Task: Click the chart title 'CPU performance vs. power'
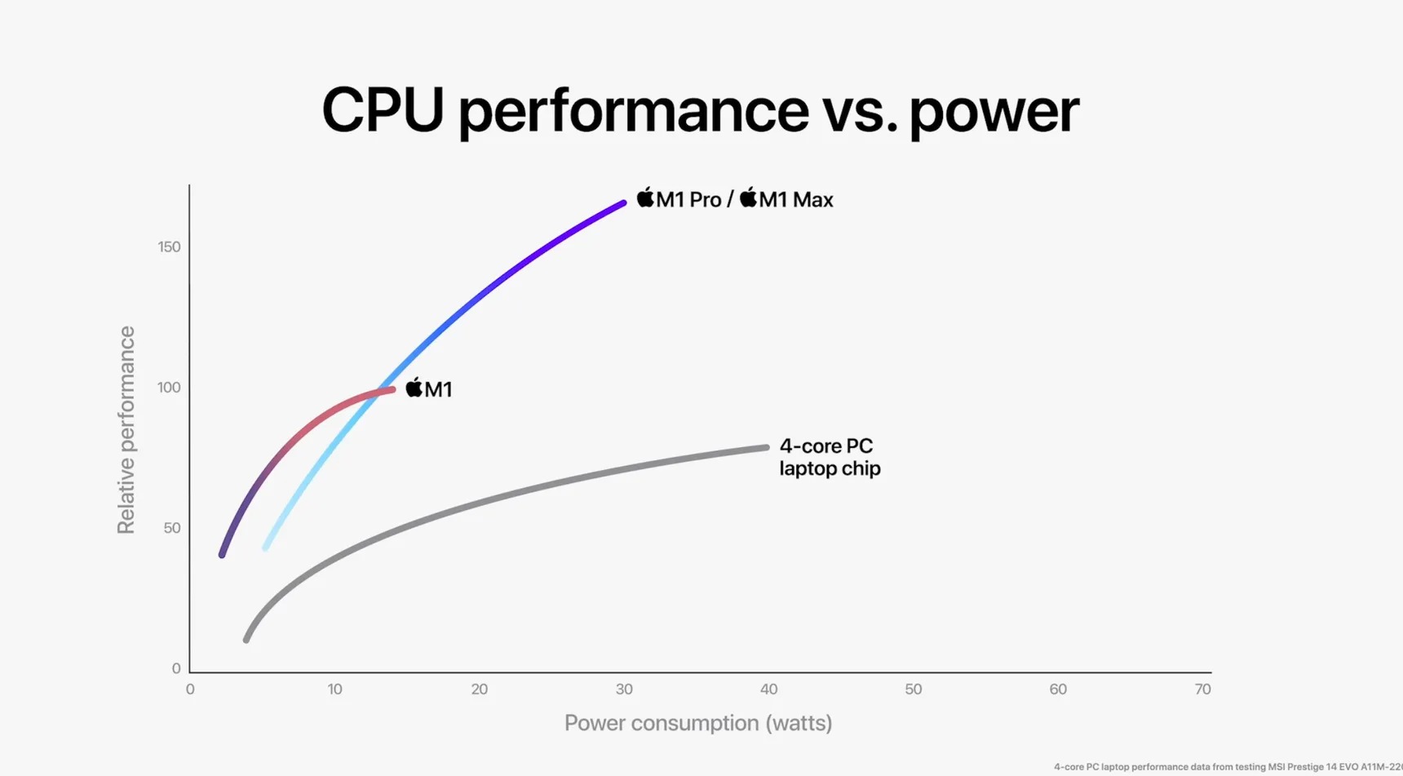tap(700, 111)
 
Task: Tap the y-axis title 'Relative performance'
tap(126, 430)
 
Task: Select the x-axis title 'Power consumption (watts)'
tap(698, 723)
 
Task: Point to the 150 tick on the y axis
tap(169, 247)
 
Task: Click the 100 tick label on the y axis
tap(169, 388)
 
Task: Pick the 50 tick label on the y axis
tap(171, 528)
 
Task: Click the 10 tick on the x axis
tap(334, 690)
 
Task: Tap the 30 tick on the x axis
tap(624, 690)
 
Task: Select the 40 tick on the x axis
tap(768, 690)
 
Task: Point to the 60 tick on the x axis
tap(1058, 690)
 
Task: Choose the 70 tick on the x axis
tap(1202, 690)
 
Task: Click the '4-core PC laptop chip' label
tap(830, 457)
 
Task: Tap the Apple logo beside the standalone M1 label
tap(414, 388)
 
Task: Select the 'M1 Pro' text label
tap(688, 200)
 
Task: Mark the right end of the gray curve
tap(766, 448)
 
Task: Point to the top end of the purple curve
tap(623, 202)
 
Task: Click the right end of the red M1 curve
tap(392, 390)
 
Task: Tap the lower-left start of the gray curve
tap(246, 640)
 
